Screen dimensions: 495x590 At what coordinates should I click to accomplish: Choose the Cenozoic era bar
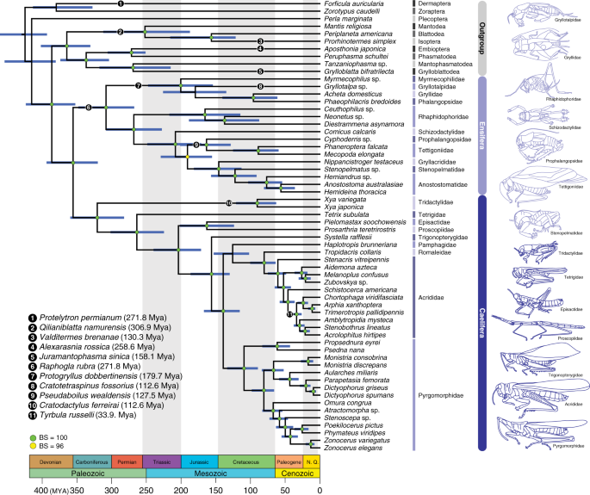pyautogui.click(x=290, y=473)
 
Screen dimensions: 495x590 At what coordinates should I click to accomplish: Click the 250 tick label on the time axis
pyautogui.click(x=144, y=488)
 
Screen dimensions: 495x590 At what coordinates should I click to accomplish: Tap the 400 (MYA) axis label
pyautogui.click(x=39, y=488)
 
